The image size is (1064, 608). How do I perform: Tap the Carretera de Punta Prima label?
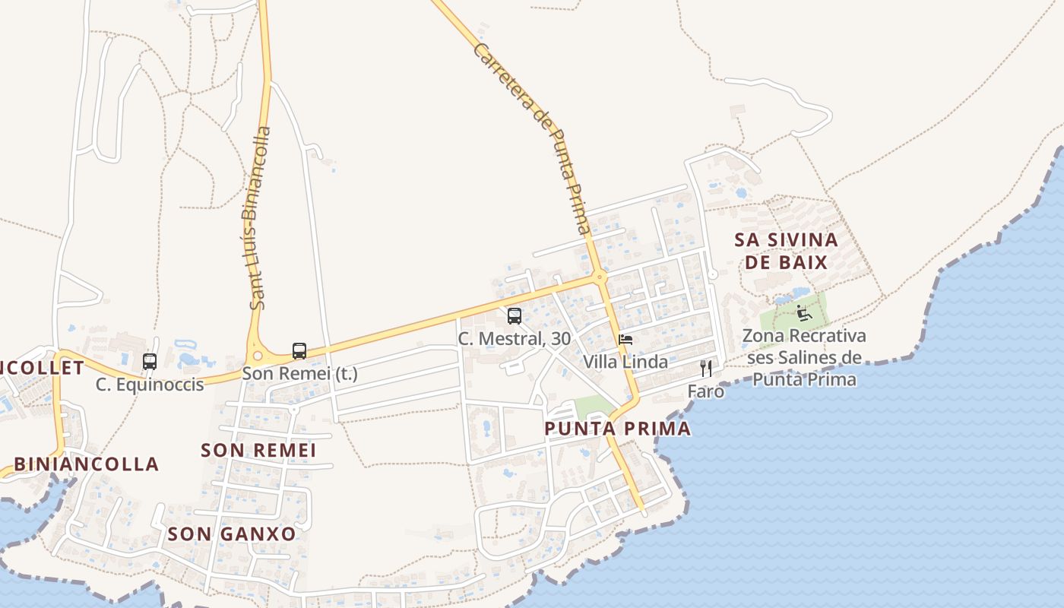point(531,137)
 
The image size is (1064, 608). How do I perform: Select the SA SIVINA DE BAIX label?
point(786,252)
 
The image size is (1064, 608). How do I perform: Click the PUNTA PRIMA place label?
point(618,429)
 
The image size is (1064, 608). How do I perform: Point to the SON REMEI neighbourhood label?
point(258,451)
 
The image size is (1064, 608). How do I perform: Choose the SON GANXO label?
point(232,534)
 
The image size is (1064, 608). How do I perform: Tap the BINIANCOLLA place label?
point(87,464)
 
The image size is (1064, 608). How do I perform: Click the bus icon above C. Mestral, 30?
point(515,316)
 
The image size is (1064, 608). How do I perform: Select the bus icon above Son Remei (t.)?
point(299,351)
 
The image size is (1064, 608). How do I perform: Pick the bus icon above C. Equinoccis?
point(150,362)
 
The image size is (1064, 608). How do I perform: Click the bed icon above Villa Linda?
point(625,339)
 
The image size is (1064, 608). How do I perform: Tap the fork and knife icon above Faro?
point(706,369)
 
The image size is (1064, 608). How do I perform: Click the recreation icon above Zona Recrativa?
point(804,312)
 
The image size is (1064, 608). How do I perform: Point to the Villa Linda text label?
point(625,362)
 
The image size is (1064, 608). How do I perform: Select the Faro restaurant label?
point(706,391)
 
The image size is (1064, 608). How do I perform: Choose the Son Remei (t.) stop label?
point(299,374)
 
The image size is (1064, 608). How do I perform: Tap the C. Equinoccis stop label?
point(150,385)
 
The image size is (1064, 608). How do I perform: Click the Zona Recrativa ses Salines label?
point(804,357)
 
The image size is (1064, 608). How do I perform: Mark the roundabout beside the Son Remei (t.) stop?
point(258,355)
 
